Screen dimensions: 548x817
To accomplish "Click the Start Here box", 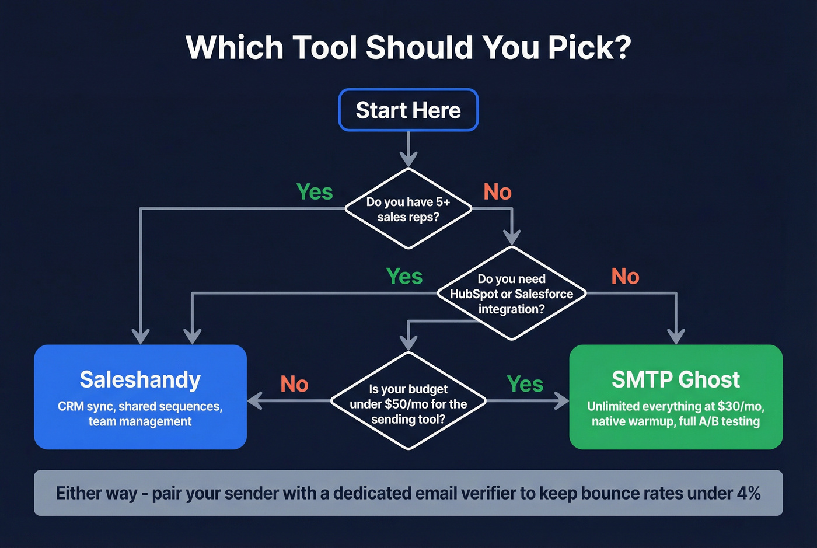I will (408, 110).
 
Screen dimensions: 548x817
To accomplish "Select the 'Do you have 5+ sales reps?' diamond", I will (408, 209).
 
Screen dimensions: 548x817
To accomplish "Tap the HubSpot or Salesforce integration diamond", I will (511, 294).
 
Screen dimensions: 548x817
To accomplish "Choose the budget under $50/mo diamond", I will (408, 403).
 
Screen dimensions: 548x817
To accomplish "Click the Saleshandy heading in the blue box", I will (140, 379).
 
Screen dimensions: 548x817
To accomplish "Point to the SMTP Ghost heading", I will (675, 379).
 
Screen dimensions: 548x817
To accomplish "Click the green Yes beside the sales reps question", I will (314, 191).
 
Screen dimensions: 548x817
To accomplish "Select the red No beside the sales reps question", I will (497, 191).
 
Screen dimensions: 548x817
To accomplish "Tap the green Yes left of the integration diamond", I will (404, 276).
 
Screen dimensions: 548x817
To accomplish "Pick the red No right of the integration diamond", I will (625, 276).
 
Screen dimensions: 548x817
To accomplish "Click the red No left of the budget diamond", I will (294, 384).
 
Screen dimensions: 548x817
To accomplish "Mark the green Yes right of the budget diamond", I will (525, 384).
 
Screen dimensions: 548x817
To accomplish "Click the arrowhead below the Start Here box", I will (408, 159).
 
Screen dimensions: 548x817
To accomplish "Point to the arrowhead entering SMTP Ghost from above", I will (676, 336).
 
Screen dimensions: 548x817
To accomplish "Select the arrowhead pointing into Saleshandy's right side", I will (255, 401).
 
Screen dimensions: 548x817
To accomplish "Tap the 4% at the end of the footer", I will (748, 493).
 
